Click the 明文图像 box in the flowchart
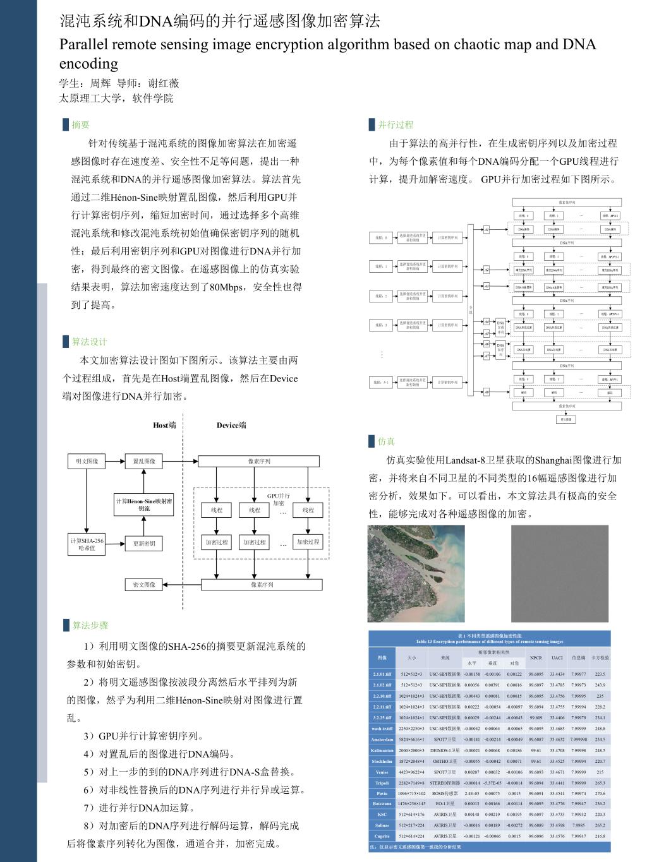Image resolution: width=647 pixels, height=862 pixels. pos(87,462)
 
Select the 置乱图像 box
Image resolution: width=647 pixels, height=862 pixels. pos(144,462)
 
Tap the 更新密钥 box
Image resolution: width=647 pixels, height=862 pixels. pos(144,543)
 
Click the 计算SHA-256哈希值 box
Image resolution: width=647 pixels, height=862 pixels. pos(87,544)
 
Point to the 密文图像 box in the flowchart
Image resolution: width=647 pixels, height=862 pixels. pos(144,585)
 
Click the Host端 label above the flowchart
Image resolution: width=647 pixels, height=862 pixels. pos(164,425)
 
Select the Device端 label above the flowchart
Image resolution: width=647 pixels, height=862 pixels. pos(231,425)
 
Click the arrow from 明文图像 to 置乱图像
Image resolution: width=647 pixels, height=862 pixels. pos(115,462)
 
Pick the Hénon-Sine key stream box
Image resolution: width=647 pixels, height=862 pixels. pos(144,505)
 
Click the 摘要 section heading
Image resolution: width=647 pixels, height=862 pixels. pos(81,125)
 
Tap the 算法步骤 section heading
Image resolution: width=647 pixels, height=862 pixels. pos(90,625)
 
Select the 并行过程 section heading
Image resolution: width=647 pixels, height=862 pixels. pos(396,125)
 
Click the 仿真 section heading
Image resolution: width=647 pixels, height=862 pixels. pos(386,441)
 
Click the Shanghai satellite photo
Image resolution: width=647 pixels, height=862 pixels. pos(416,573)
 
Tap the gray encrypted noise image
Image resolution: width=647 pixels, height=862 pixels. pos(559,573)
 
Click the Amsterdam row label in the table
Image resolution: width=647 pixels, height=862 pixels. pos(382,739)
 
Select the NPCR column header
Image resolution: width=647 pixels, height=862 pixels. pos(536,657)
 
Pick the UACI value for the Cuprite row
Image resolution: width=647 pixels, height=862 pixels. pos(557,836)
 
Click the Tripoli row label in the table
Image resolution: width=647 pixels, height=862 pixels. pos(382,783)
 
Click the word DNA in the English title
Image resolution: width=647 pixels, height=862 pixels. pos(579,44)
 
